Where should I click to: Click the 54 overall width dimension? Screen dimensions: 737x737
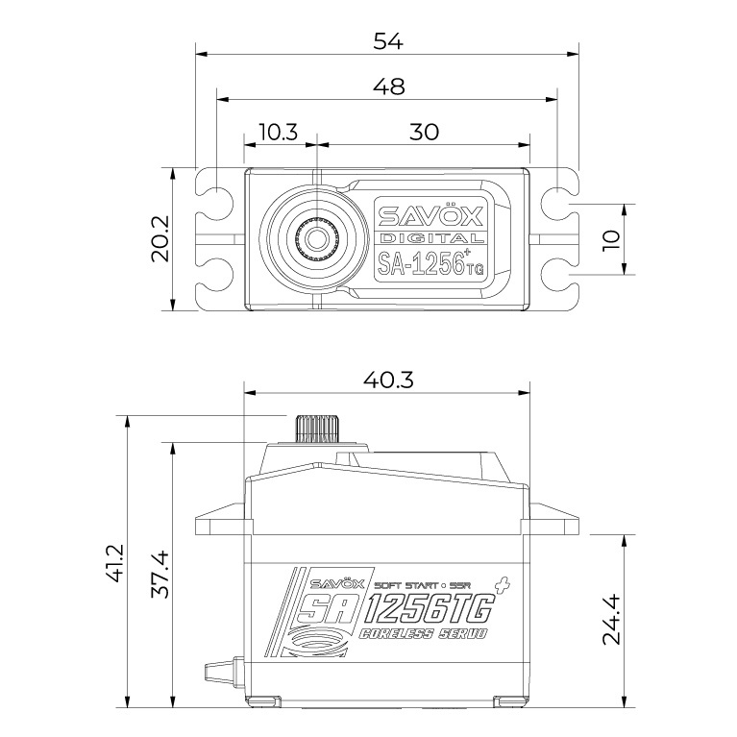[388, 40]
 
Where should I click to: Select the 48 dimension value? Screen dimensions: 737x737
[388, 86]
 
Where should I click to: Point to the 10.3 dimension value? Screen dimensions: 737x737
[279, 132]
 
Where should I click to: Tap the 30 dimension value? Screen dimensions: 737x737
[423, 132]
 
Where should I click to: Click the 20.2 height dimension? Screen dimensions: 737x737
[160, 238]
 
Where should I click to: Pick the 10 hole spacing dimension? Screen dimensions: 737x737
[612, 238]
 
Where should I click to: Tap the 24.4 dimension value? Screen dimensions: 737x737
[612, 620]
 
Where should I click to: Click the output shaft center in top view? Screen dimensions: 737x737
[315, 238]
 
